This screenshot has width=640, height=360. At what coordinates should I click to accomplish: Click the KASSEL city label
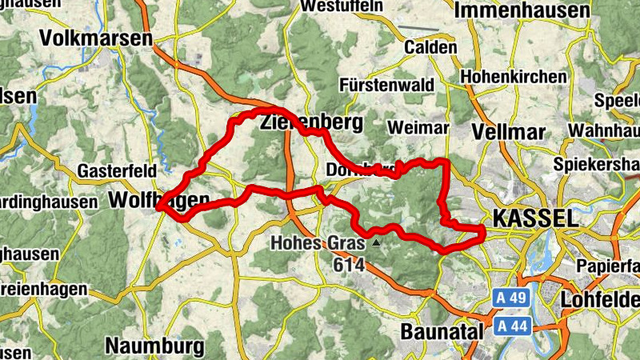534,218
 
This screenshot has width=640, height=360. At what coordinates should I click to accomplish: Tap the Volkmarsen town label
96,38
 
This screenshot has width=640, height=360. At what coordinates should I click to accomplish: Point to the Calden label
431,47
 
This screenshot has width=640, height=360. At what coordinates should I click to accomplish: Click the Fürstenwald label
386,85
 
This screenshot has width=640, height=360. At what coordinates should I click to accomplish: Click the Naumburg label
154,346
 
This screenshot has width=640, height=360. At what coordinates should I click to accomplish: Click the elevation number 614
350,265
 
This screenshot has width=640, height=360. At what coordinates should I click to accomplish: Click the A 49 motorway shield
510,298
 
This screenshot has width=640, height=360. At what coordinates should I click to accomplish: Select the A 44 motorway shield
510,326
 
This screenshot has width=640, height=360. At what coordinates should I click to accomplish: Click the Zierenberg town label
311,123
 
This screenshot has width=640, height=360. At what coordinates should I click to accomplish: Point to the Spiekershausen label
597,164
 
